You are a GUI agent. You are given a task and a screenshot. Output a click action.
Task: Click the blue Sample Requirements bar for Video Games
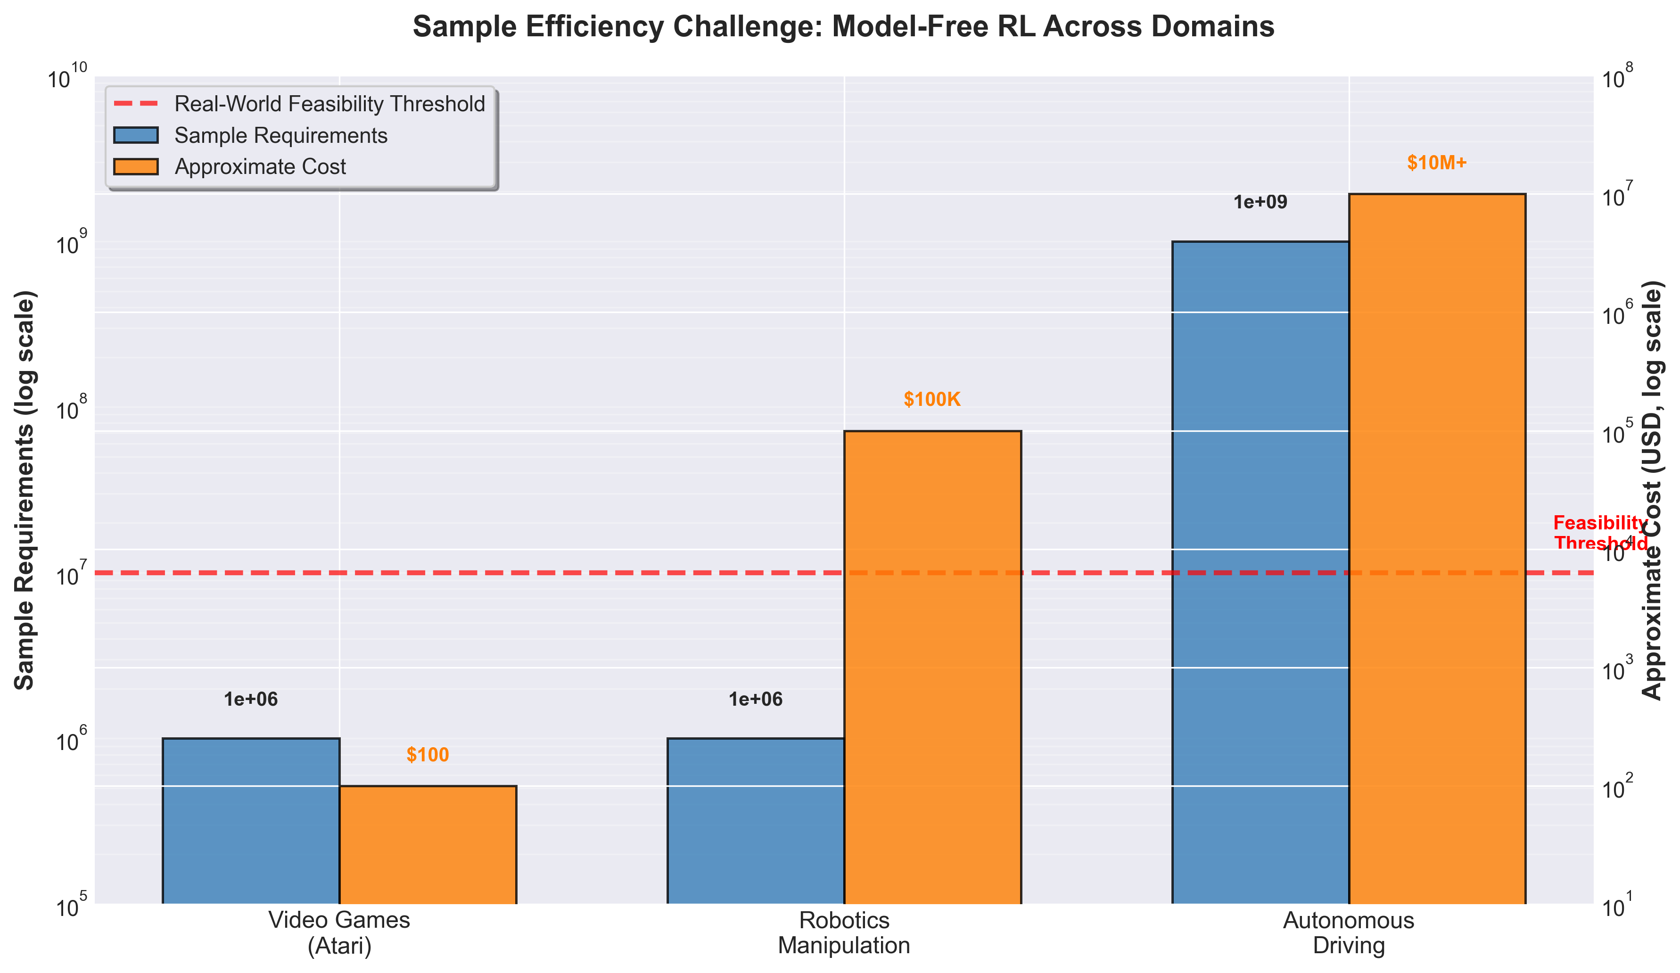pyautogui.click(x=251, y=820)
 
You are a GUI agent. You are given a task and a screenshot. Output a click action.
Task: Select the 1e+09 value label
pyautogui.click(x=1260, y=203)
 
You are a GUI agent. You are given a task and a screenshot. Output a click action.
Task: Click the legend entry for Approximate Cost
pyautogui.click(x=260, y=167)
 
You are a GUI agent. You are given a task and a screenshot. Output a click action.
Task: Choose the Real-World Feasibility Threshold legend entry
pyautogui.click(x=329, y=104)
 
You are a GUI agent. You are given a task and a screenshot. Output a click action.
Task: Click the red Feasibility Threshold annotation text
pyautogui.click(x=1600, y=533)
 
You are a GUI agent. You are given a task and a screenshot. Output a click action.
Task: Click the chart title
pyautogui.click(x=843, y=27)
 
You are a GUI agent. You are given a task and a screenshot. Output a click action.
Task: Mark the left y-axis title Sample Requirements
pyautogui.click(x=25, y=490)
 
